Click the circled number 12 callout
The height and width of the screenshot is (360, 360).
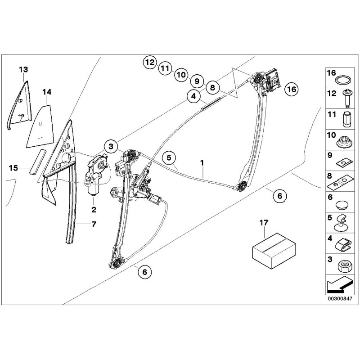point(150,63)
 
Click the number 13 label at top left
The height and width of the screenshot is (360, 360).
point(23,69)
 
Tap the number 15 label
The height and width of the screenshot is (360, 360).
point(13,168)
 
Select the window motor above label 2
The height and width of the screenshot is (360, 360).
point(96,178)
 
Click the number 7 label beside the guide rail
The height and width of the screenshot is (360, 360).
point(94,224)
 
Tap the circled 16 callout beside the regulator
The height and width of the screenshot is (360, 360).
point(291,89)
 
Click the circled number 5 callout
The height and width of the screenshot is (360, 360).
point(169,157)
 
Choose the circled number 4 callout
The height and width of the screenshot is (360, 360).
point(193,96)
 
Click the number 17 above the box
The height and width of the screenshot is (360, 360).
point(264,222)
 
